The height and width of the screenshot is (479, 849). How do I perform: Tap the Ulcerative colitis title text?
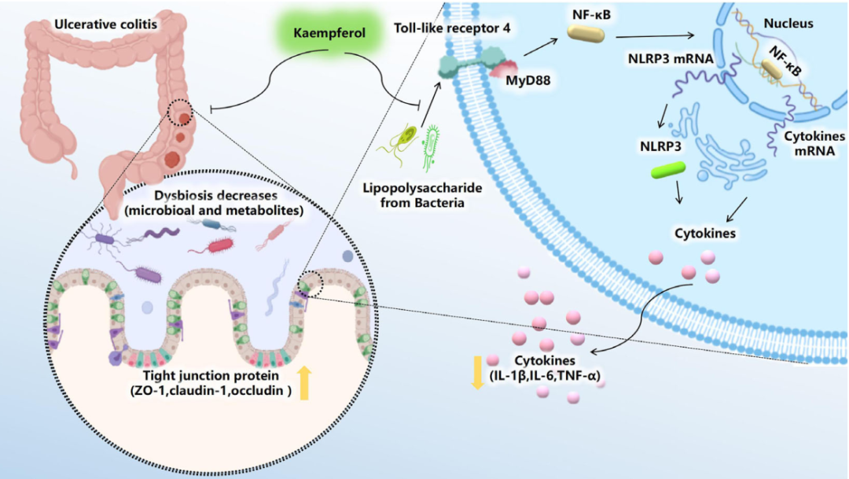coord(105,24)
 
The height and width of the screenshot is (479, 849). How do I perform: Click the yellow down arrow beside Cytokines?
coord(476,371)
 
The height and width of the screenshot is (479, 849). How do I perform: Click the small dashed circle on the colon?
coord(182,114)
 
